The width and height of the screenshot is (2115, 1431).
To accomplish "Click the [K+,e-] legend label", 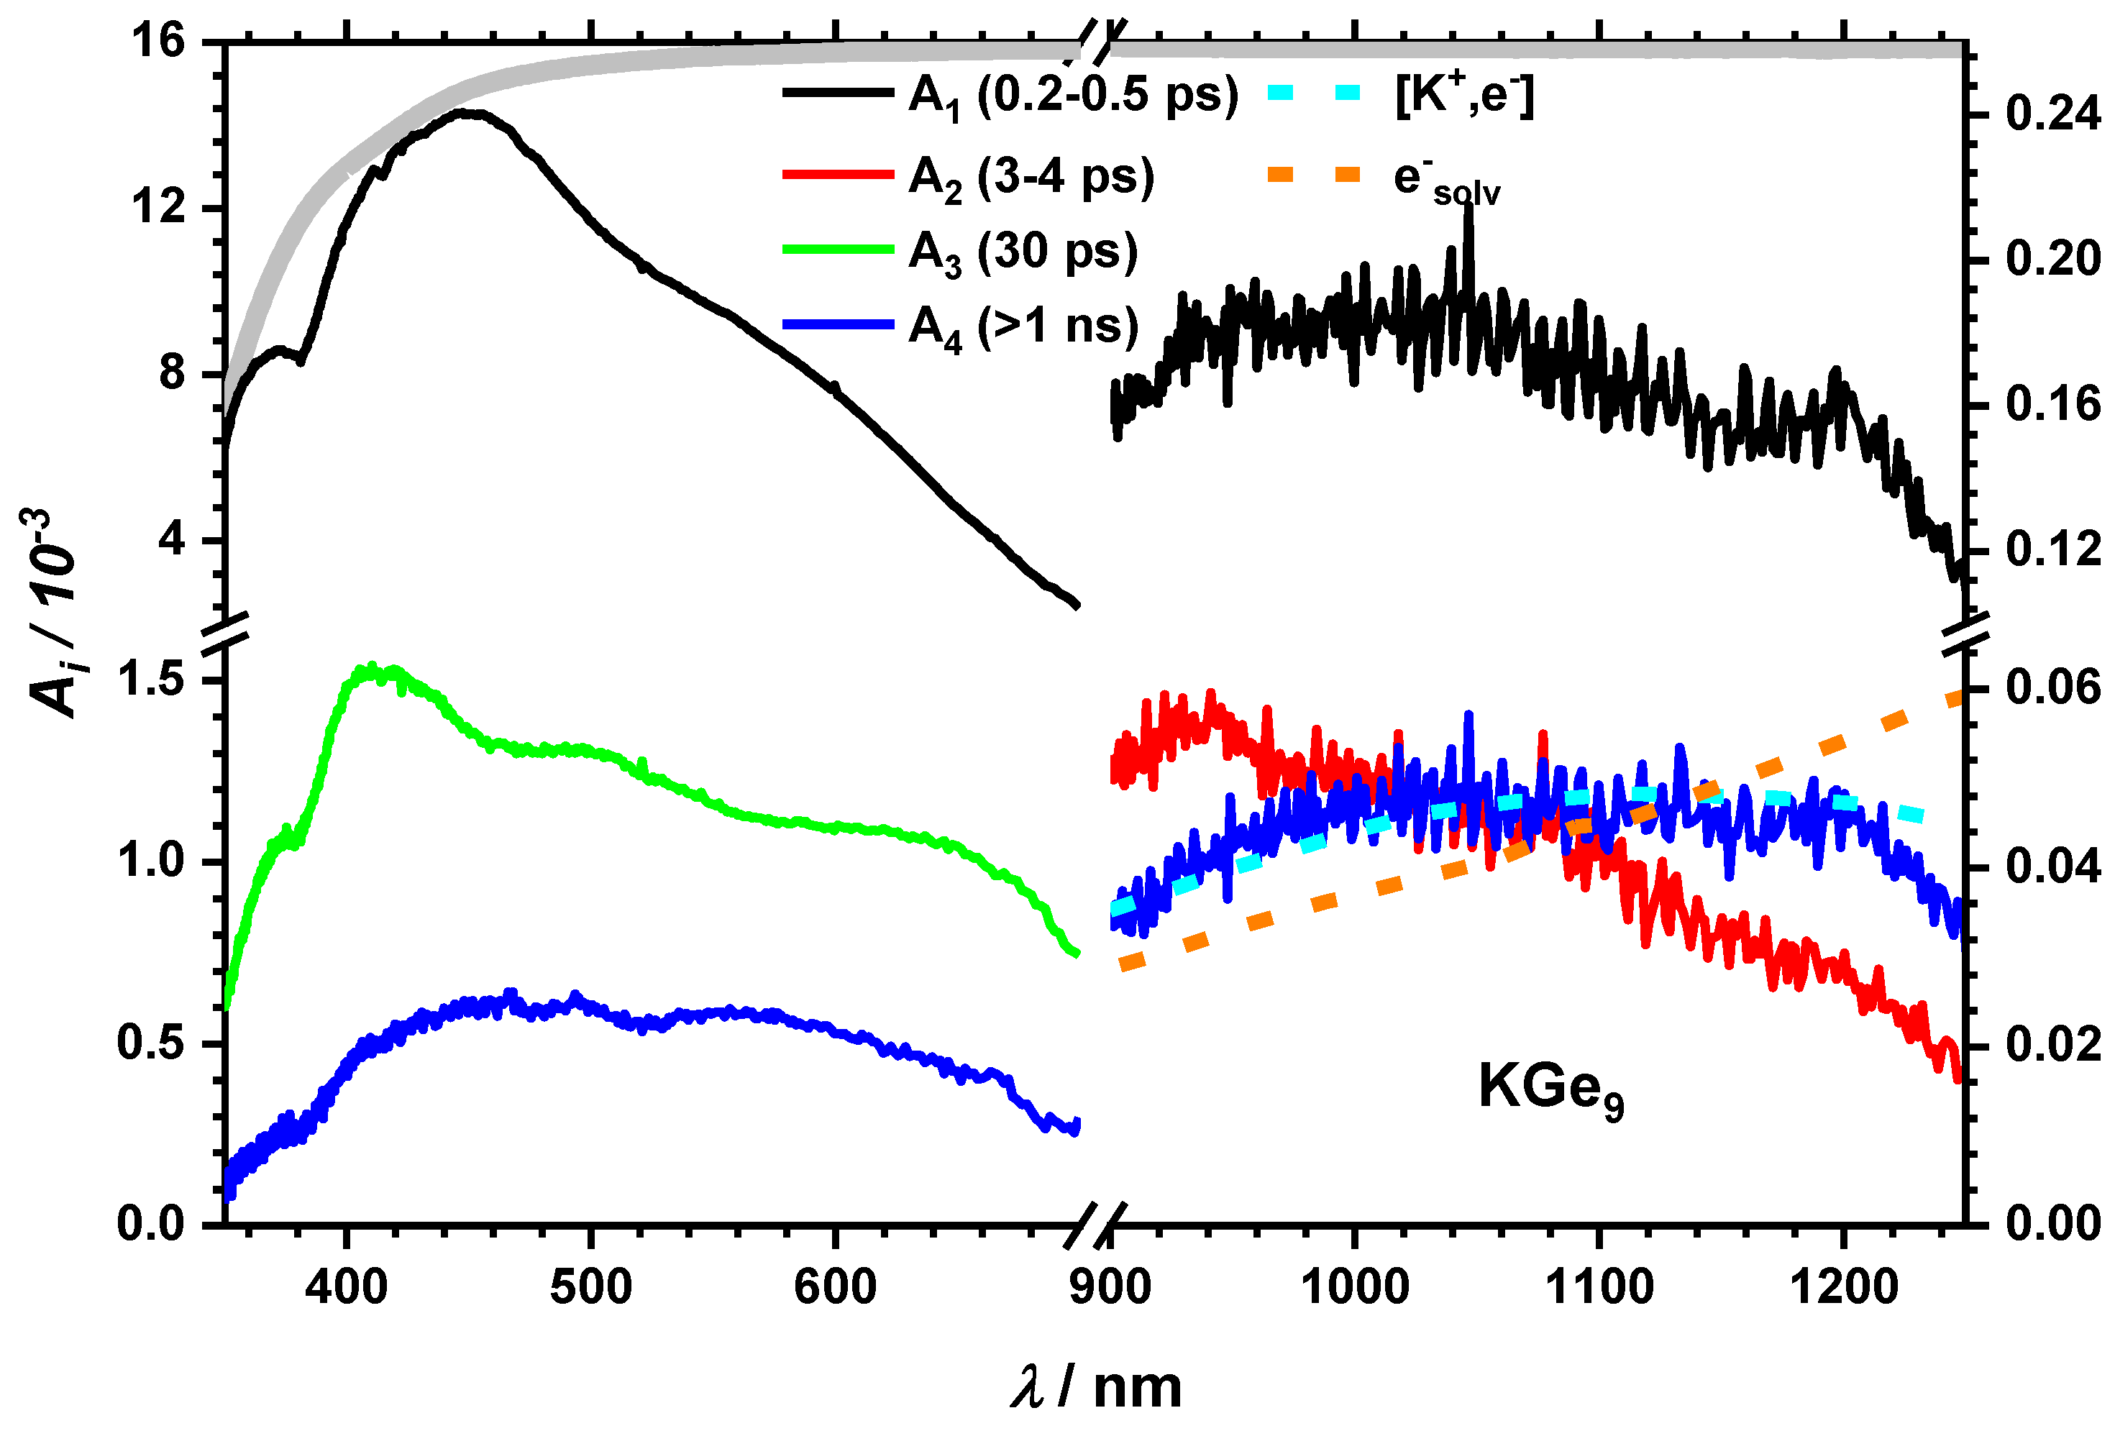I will point(1464,95).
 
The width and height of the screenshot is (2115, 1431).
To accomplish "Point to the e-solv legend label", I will point(1446,180).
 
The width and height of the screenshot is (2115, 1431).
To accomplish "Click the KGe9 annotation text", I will point(1550,1087).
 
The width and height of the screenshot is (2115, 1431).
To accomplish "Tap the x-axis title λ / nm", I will point(1096,1387).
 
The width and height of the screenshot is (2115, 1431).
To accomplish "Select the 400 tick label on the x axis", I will point(346,1287).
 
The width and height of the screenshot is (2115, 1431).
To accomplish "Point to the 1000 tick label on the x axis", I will point(1354,1287).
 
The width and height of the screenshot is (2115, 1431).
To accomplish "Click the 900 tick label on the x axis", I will point(1110,1287).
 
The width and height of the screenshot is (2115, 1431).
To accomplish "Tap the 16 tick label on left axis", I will point(160,42).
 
